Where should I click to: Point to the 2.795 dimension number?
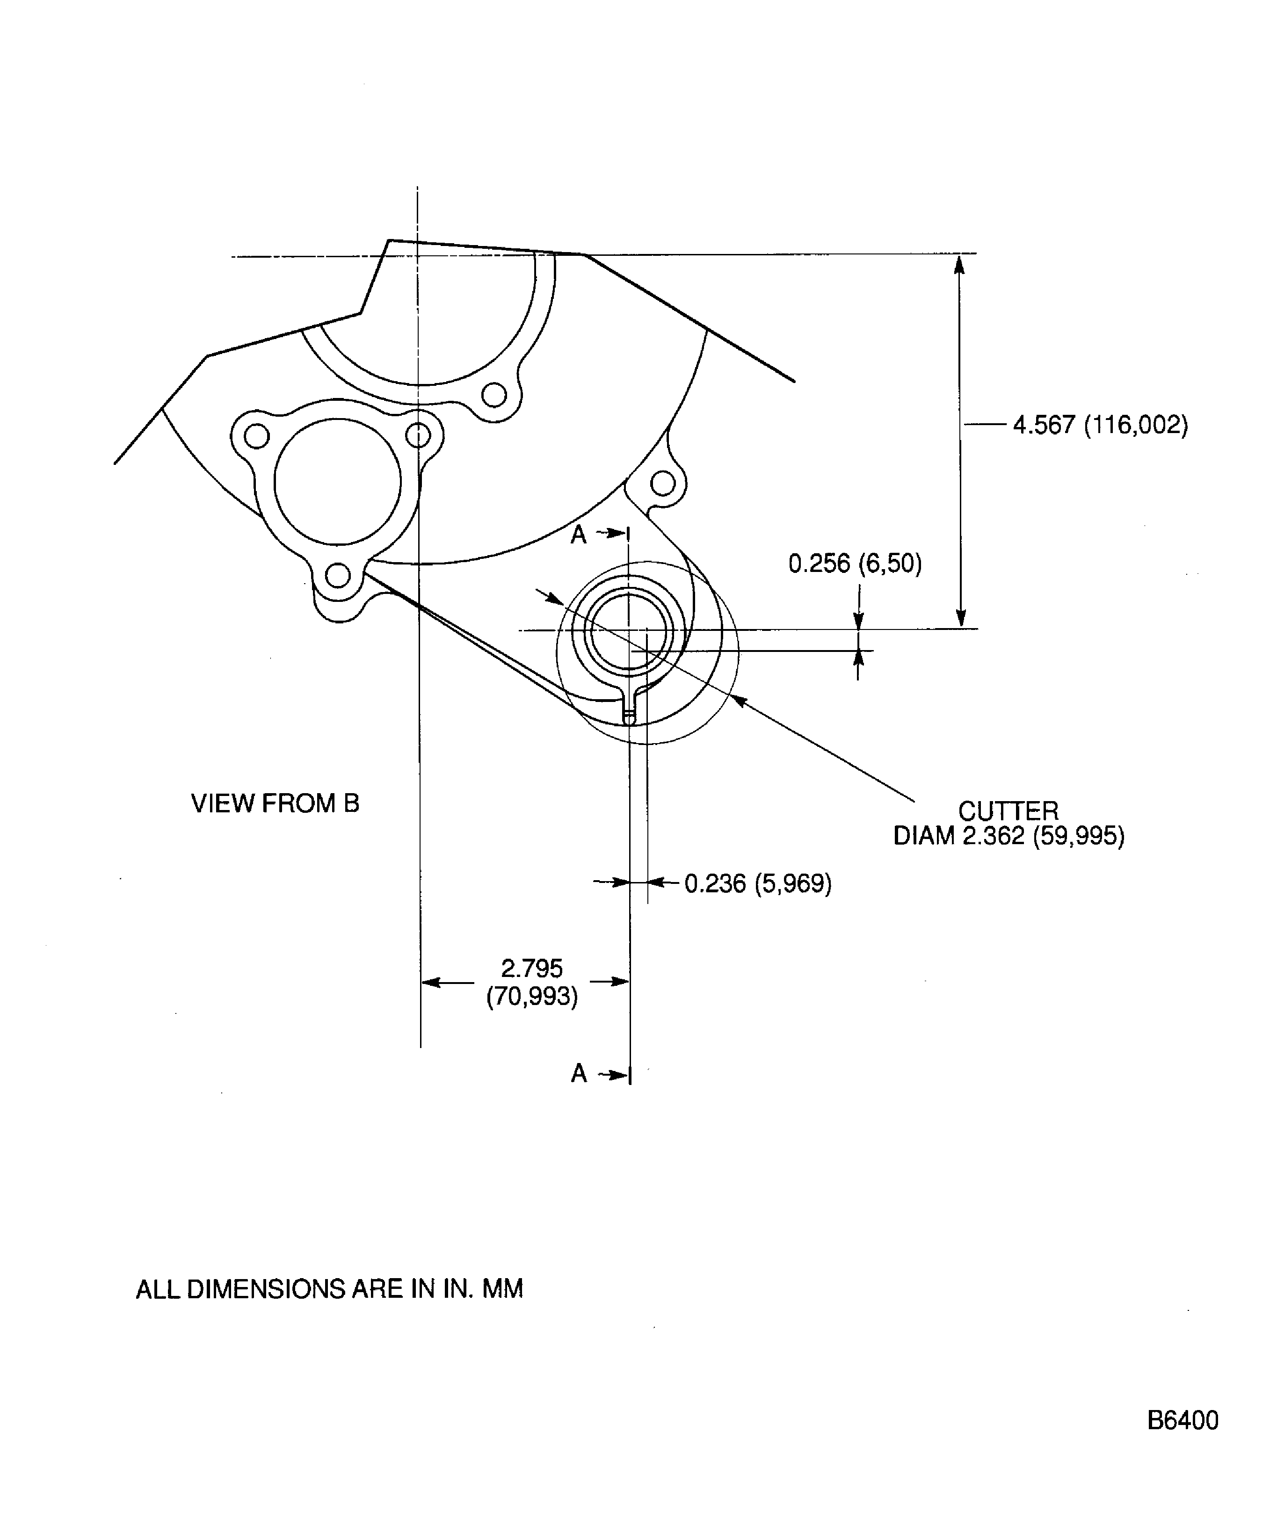coord(532,968)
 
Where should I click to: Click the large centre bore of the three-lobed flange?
coord(337,482)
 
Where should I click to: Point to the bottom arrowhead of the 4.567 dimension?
coord(961,618)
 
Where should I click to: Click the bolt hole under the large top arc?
coord(494,395)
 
